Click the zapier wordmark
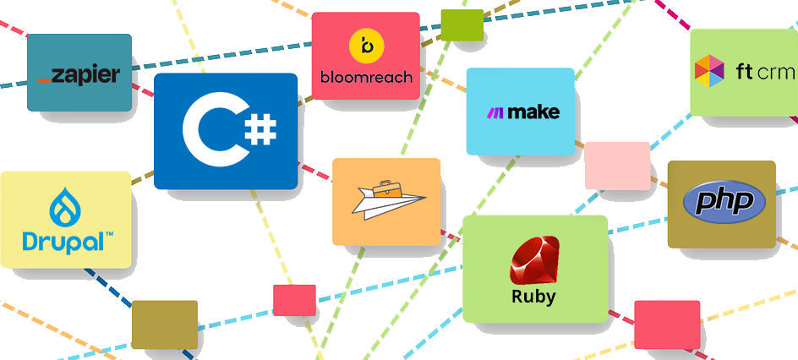pyautogui.click(x=79, y=75)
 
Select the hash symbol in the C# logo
pyautogui.click(x=260, y=132)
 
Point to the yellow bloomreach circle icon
pyautogui.click(x=366, y=46)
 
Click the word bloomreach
pyautogui.click(x=366, y=77)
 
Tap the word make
pyautogui.click(x=530, y=112)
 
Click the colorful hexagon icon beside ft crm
pyautogui.click(x=709, y=71)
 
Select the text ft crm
pyautogui.click(x=765, y=72)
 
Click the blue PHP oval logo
pyautogui.click(x=724, y=202)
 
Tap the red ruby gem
pyautogui.click(x=534, y=261)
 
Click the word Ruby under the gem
pyautogui.click(x=533, y=297)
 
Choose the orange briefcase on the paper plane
pyautogui.click(x=390, y=189)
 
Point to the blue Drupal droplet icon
pyautogui.click(x=66, y=207)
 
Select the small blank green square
pyautogui.click(x=462, y=25)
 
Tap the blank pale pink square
pyautogui.click(x=617, y=166)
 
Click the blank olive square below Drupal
pyautogui.click(x=164, y=325)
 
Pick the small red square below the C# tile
pyautogui.click(x=294, y=300)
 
